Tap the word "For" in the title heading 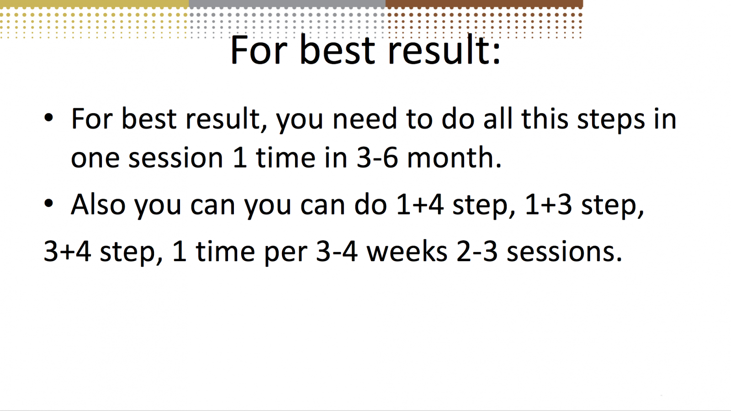[259, 50]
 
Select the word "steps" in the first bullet [611, 120]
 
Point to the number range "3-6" [377, 158]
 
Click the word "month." [454, 158]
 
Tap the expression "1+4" [420, 205]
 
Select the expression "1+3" [548, 205]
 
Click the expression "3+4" [67, 252]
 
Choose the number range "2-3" [477, 252]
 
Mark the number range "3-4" [337, 252]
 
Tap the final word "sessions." [564, 252]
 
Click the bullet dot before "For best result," [48, 117]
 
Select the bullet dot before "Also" [48, 203]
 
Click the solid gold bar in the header [94, 4]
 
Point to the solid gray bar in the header [287, 4]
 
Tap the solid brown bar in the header [484, 4]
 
